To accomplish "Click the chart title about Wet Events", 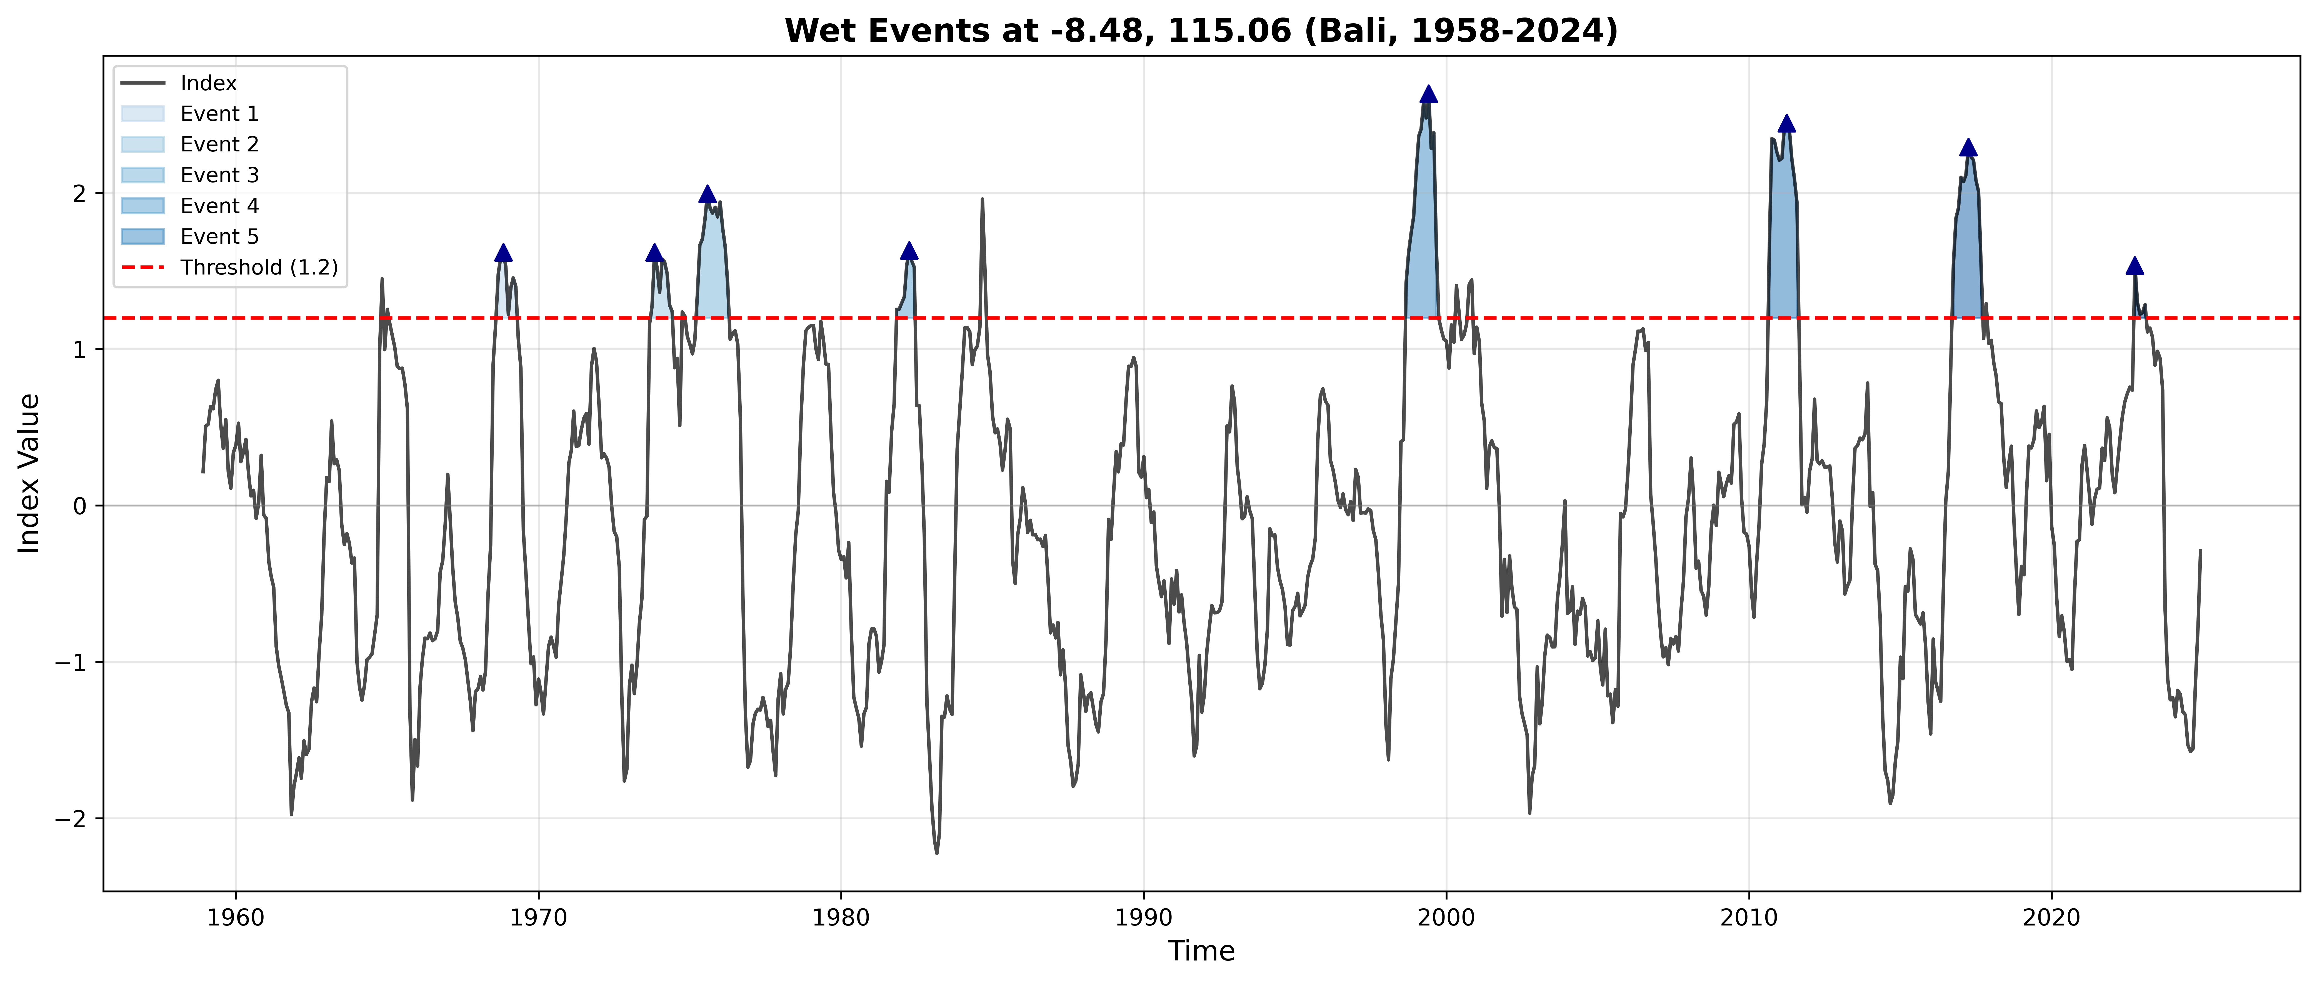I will click(x=1201, y=31).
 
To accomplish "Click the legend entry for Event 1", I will click(x=219, y=113).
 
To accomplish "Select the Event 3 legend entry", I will click(x=219, y=174).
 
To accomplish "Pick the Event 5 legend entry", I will click(x=219, y=236).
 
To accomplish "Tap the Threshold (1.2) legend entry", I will click(x=258, y=267).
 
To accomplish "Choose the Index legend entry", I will click(x=208, y=83).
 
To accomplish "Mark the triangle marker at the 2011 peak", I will click(x=1786, y=123).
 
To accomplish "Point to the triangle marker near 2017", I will click(x=1968, y=148).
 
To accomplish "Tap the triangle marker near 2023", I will click(x=2134, y=265).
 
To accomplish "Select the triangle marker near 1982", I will click(x=909, y=251).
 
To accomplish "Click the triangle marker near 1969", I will click(x=504, y=253).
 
